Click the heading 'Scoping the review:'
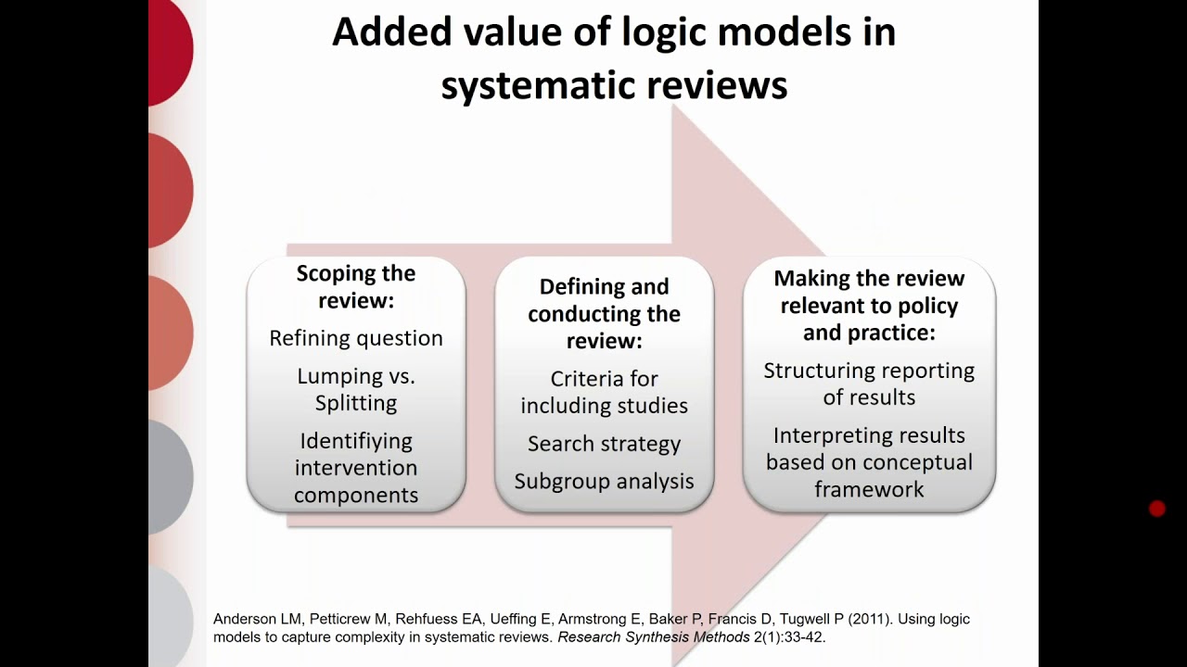pos(356,287)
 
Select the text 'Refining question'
pos(356,339)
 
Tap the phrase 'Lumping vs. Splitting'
pos(356,390)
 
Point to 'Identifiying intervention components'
pos(356,468)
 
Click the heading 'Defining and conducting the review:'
pos(604,314)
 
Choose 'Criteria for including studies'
pos(604,392)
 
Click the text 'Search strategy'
pos(604,444)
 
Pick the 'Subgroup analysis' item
pos(604,482)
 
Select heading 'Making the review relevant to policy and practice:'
pos(869,306)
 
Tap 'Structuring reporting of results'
pos(869,384)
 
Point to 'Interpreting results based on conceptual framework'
pos(869,462)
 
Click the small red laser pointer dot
pos(1156,509)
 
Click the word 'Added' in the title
pos(384,32)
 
